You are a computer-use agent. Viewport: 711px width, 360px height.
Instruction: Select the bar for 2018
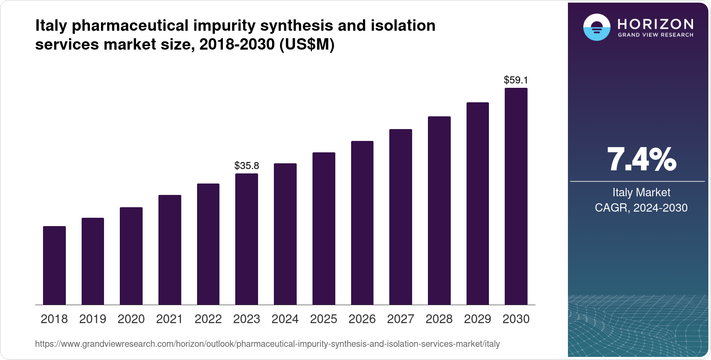pyautogui.click(x=54, y=265)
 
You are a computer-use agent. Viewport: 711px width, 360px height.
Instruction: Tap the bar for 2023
pyautogui.click(x=247, y=239)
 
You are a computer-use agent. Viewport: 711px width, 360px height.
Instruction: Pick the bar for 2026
pyautogui.click(x=362, y=223)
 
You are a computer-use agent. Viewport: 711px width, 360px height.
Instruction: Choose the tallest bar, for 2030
pyautogui.click(x=516, y=196)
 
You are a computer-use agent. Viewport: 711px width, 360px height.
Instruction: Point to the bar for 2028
pyautogui.click(x=439, y=210)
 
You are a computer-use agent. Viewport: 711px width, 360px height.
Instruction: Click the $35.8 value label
pyautogui.click(x=247, y=166)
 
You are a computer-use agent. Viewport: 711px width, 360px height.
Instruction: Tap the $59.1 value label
pyautogui.click(x=516, y=80)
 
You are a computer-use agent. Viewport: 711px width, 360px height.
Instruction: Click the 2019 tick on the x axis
pyautogui.click(x=93, y=319)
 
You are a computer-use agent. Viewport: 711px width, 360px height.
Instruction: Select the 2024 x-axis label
pyautogui.click(x=285, y=319)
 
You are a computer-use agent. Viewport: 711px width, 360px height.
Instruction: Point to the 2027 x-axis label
pyautogui.click(x=401, y=319)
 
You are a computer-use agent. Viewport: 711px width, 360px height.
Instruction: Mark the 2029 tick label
pyautogui.click(x=478, y=319)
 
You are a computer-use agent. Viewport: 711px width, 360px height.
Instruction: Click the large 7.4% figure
pyautogui.click(x=641, y=160)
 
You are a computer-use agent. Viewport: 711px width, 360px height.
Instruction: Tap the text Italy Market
pyautogui.click(x=641, y=192)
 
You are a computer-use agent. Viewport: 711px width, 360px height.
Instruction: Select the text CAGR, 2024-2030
pyautogui.click(x=641, y=208)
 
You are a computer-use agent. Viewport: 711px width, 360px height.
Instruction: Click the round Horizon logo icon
pyautogui.click(x=596, y=27)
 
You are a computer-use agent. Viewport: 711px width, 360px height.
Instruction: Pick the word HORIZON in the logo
pyautogui.click(x=655, y=24)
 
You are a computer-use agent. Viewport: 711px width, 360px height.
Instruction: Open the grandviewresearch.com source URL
pyautogui.click(x=267, y=344)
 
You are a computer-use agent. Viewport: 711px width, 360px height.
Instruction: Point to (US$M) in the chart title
pyautogui.click(x=307, y=44)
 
